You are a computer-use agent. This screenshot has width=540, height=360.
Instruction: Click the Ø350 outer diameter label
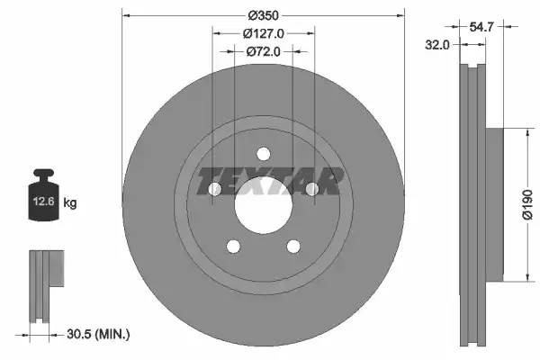pos(264,15)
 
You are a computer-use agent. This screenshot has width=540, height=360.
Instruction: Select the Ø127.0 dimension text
pos(264,33)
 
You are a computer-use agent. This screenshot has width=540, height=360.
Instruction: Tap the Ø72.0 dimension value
pos(264,52)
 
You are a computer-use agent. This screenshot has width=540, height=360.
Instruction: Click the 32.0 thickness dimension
pos(439,44)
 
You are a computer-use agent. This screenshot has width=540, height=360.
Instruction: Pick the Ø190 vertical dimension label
pos(528,204)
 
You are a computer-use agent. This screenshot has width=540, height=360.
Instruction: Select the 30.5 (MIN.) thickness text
pos(99,334)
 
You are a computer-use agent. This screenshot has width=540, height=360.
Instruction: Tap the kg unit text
pos(70,203)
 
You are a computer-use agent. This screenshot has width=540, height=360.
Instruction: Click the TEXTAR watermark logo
pos(270,181)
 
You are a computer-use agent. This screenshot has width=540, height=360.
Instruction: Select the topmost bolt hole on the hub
pos(263,153)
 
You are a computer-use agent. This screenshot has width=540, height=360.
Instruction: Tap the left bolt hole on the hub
pos(214,189)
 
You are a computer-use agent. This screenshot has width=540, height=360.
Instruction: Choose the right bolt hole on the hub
pos(311,189)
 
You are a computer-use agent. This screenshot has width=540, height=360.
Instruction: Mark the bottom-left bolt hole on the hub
pos(233,246)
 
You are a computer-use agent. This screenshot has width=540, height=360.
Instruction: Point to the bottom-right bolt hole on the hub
pos(292,246)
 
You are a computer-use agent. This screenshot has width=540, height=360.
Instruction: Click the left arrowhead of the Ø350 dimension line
pos(126,15)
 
